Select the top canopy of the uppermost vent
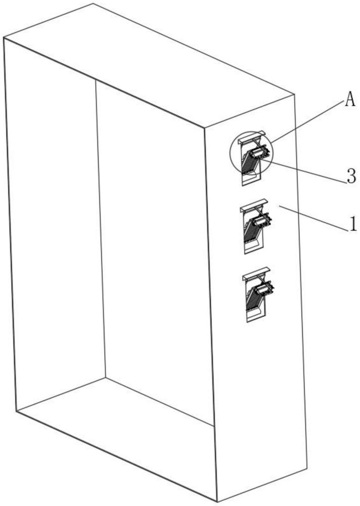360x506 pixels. click(x=252, y=135)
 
